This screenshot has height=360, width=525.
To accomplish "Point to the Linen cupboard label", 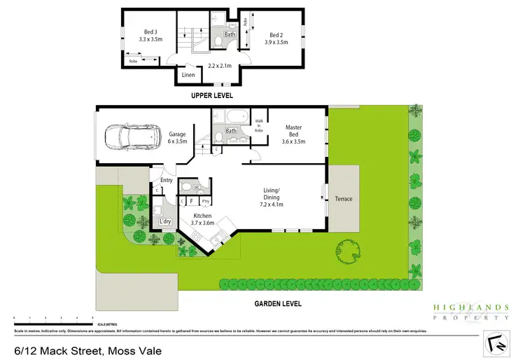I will (188, 75).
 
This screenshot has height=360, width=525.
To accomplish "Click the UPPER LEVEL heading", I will (213, 95).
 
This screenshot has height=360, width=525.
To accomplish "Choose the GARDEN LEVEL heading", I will (279, 303).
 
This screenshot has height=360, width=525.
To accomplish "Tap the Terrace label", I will (344, 199).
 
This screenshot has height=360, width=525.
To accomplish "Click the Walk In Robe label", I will (258, 125).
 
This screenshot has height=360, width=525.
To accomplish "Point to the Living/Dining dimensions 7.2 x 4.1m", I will (271, 205).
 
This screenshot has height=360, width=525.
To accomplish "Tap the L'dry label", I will (165, 222).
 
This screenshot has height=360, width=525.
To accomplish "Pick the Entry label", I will (166, 181).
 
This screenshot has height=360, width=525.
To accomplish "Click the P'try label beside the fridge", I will (205, 202).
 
